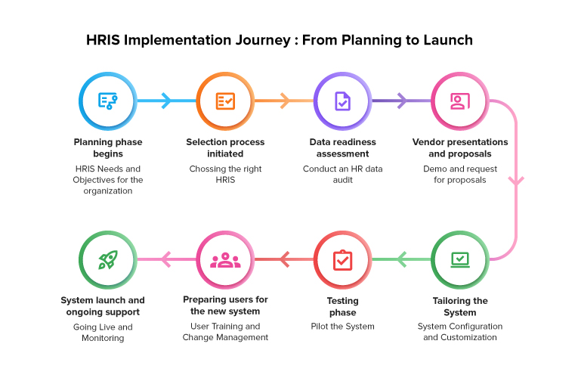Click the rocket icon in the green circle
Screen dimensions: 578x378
point(108,259)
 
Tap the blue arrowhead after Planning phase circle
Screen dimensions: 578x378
point(167,101)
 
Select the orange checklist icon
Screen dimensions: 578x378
point(225,101)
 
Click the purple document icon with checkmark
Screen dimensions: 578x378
point(342,101)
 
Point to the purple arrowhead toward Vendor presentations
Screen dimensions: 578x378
point(401,101)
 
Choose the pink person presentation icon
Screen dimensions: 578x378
point(460,101)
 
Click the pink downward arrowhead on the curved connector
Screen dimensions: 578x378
point(516,181)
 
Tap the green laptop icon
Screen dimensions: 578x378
point(460,259)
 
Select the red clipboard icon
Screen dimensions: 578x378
point(342,260)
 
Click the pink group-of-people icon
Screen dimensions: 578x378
point(225,260)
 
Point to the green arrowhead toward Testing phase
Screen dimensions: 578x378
point(401,259)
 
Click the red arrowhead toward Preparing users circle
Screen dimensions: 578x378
point(284,259)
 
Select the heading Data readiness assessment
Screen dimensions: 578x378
point(342,147)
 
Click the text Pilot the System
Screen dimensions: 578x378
point(342,327)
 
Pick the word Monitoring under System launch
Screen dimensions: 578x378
point(103,338)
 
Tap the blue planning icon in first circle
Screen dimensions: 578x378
point(107,101)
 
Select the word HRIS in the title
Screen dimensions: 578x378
point(104,40)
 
